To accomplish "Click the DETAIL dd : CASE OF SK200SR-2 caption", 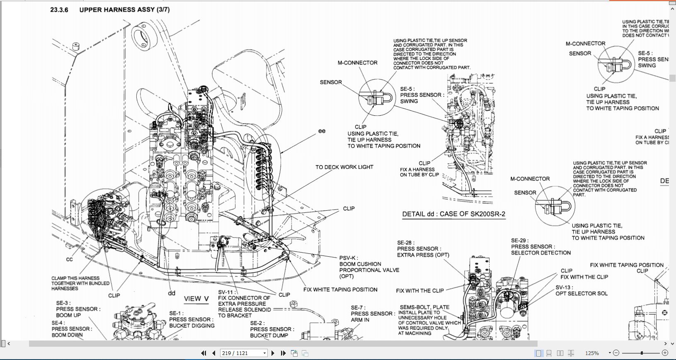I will click(453, 214).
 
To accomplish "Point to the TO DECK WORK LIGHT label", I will click(344, 167).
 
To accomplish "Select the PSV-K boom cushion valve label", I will click(369, 267).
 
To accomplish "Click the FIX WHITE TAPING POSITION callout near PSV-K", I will click(340, 289).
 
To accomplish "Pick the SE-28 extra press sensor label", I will click(423, 249).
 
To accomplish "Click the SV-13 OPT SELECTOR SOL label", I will click(581, 290).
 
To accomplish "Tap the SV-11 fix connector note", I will click(244, 304).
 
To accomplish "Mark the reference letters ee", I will click(322, 131).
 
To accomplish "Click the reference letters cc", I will click(69, 260).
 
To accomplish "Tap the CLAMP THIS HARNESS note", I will click(80, 283).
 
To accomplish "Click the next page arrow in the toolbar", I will click(273, 353).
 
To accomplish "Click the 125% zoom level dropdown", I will click(595, 353).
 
